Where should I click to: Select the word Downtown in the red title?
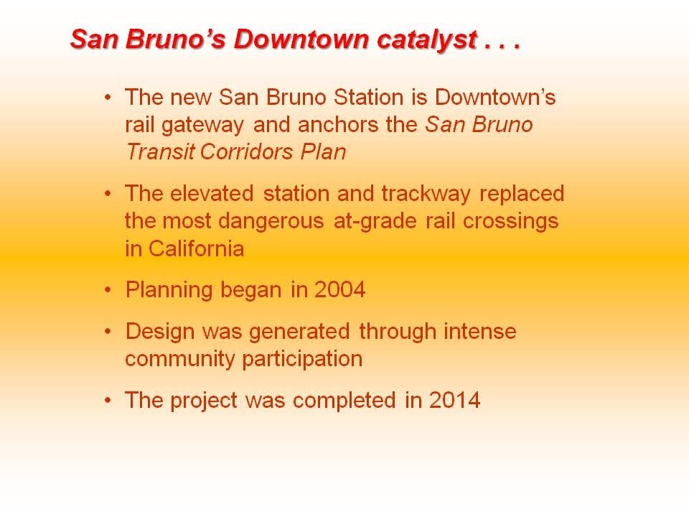pyautogui.click(x=301, y=39)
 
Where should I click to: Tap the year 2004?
pyautogui.click(x=339, y=289)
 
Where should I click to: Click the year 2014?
pyautogui.click(x=454, y=400)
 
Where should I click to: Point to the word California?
pyautogui.click(x=196, y=249)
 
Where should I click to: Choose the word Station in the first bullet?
pyautogui.click(x=368, y=97)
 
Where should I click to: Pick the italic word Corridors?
pyautogui.click(x=246, y=152)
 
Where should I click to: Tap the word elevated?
pyautogui.click(x=212, y=193)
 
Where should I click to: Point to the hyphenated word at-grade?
pyautogui.click(x=375, y=222)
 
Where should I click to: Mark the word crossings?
pyautogui.click(x=510, y=222)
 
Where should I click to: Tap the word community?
pyautogui.click(x=180, y=360)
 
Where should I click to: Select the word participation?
pyautogui.click(x=302, y=360)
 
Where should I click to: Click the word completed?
pyautogui.click(x=344, y=401)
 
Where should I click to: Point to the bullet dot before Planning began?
pyautogui.click(x=108, y=290)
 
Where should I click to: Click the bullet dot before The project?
pyautogui.click(x=108, y=401)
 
